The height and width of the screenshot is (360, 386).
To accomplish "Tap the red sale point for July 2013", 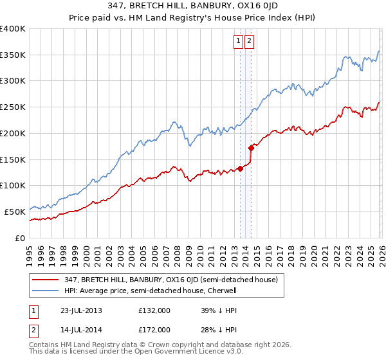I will point(240,168).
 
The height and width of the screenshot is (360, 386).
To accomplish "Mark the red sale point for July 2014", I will point(251,148).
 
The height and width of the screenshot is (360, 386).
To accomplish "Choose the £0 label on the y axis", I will point(20,238).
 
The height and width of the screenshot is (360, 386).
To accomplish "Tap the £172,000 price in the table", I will point(154,329).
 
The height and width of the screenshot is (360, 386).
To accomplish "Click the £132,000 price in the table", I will point(154,310).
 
